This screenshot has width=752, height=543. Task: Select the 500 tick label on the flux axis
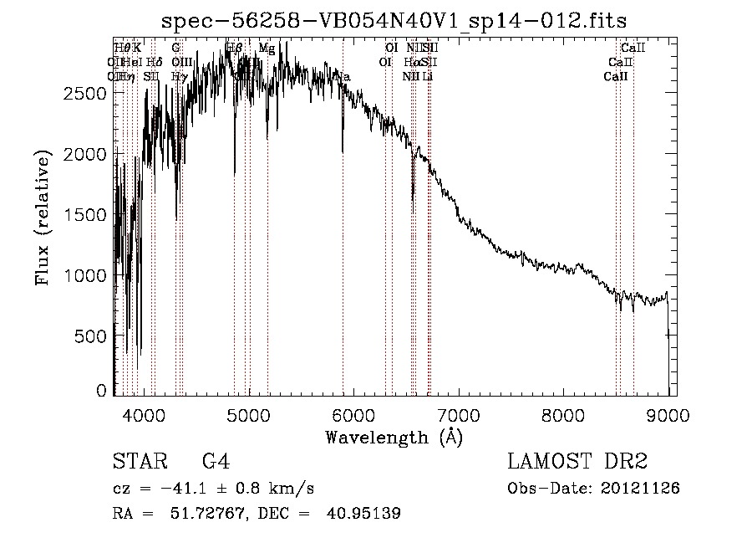click(92, 336)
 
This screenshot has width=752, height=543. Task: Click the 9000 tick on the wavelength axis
click(668, 414)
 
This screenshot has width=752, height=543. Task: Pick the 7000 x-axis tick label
click(457, 414)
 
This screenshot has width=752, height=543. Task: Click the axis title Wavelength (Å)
click(394, 437)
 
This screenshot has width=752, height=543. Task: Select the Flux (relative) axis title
click(43, 216)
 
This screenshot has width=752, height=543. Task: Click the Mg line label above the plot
click(267, 49)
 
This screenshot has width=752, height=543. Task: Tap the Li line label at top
click(427, 76)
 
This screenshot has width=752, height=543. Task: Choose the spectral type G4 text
click(216, 462)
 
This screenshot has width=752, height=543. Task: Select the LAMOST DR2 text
click(577, 462)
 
